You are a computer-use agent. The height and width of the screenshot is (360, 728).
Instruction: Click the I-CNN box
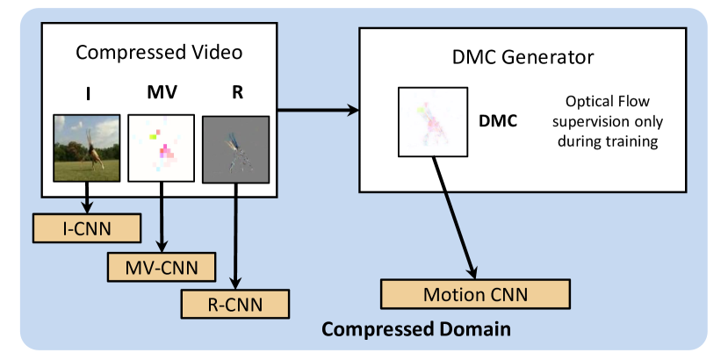point(87,228)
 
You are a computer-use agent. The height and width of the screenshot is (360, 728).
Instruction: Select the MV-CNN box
point(162,267)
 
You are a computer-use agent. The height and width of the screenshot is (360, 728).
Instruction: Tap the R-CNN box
point(235,305)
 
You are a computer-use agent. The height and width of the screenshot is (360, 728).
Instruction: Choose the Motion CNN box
point(475,294)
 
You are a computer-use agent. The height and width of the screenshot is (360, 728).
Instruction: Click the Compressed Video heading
point(159,52)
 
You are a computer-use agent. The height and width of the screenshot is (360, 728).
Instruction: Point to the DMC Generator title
point(523,58)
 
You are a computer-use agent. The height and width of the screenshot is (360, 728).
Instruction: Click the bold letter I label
point(88,93)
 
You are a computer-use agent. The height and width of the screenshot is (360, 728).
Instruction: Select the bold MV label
point(162,93)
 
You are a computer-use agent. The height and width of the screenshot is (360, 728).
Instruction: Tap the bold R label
point(237,92)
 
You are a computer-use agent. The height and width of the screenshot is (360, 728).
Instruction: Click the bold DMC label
point(498,121)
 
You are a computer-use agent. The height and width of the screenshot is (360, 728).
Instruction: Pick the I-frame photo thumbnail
point(87,148)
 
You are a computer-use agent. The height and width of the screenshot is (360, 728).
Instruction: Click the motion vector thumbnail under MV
point(161,148)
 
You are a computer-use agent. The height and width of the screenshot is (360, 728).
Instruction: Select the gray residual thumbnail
point(236,149)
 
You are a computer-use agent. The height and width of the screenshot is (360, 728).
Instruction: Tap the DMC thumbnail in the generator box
point(433,122)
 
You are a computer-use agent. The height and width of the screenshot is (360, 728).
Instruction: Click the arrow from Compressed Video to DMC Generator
point(318,110)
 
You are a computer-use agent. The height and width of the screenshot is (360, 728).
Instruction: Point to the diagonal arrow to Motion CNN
point(455,218)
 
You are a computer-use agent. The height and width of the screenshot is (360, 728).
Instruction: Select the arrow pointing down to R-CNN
point(236,236)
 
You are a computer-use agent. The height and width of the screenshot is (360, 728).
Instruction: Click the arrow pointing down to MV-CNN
point(162,217)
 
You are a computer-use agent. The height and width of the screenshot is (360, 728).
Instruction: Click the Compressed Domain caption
point(416,329)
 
